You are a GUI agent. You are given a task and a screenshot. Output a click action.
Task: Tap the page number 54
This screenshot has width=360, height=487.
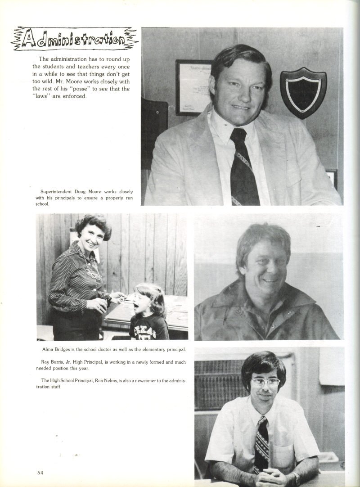[40, 472]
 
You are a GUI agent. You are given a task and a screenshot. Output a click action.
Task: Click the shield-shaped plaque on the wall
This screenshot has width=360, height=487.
[303, 92]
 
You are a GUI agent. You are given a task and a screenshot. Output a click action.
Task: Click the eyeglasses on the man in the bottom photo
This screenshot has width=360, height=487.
[265, 382]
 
